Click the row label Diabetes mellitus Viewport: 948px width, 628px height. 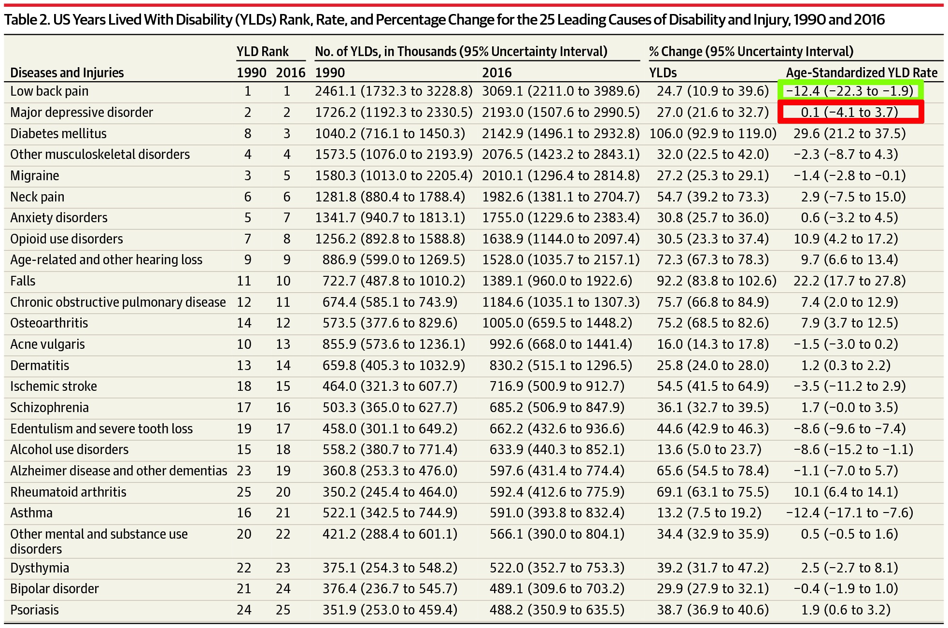tap(58, 133)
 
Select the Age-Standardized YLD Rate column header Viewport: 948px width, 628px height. tap(862, 72)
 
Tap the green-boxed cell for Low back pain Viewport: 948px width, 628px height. tap(850, 91)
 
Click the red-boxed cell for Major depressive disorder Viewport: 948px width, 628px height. tap(850, 112)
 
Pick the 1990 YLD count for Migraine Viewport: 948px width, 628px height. tap(394, 175)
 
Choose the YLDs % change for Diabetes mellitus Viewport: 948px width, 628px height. tap(713, 133)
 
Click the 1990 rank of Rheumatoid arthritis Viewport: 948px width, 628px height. tap(244, 492)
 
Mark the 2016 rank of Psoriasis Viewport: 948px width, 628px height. tap(283, 610)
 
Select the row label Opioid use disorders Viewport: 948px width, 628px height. tap(67, 239)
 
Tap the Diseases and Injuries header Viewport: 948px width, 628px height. tap(67, 72)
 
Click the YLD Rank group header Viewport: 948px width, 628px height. tap(262, 51)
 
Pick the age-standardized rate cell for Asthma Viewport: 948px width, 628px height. tap(849, 513)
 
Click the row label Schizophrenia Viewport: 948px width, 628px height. tap(49, 407)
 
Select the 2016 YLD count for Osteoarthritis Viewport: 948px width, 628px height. tap(557, 323)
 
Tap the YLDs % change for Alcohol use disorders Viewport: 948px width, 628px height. tap(709, 449)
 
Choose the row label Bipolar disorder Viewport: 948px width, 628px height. tap(55, 588)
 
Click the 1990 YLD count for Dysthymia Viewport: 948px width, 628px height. tap(390, 568)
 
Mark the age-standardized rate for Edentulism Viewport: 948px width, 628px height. tap(849, 428)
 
